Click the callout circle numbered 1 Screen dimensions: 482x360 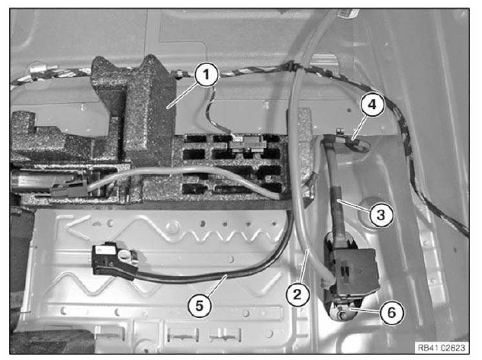pyautogui.click(x=206, y=75)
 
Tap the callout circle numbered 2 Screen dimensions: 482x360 pyautogui.click(x=297, y=294)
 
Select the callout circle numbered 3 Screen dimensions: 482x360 pyautogui.click(x=381, y=214)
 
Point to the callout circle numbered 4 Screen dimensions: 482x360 pyautogui.click(x=372, y=104)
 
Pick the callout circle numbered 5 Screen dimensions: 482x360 pyautogui.click(x=200, y=306)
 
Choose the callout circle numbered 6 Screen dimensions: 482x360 pyautogui.click(x=391, y=313)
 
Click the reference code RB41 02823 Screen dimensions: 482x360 pyautogui.click(x=441, y=348)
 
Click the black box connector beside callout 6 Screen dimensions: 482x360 pyautogui.click(x=352, y=269)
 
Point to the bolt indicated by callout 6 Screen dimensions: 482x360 pyautogui.click(x=341, y=314)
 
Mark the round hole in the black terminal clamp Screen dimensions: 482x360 pyautogui.click(x=124, y=254)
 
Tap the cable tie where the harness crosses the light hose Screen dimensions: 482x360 pyautogui.click(x=290, y=66)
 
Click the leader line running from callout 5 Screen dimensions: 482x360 pyautogui.click(x=216, y=286)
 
